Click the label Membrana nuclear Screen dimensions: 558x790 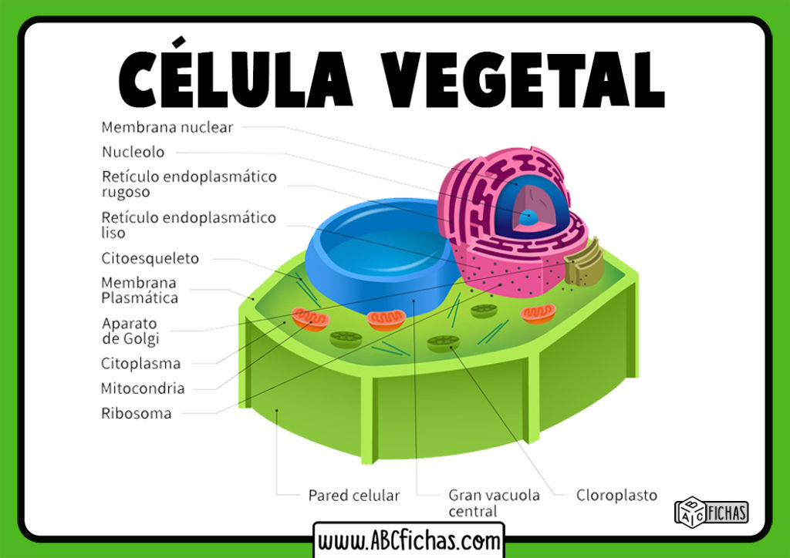tap(167, 127)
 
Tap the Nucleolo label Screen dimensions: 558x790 tap(133, 153)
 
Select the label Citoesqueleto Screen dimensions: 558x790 tap(150, 259)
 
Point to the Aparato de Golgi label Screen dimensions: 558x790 tap(130, 331)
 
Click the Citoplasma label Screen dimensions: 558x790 tap(140, 364)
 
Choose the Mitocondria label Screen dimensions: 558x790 tap(143, 388)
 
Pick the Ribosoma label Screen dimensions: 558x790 tap(136, 414)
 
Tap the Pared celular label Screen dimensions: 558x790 tap(354, 496)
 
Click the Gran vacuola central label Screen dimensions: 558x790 tap(494, 503)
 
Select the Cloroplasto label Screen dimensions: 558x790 tap(616, 496)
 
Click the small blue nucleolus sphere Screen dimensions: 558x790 tap(528, 217)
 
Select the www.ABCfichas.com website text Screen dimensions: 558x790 tap(409, 540)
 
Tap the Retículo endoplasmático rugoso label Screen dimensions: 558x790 tap(189, 184)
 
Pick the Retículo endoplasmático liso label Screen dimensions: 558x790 tap(188, 225)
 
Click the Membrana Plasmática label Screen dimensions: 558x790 tap(140, 291)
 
